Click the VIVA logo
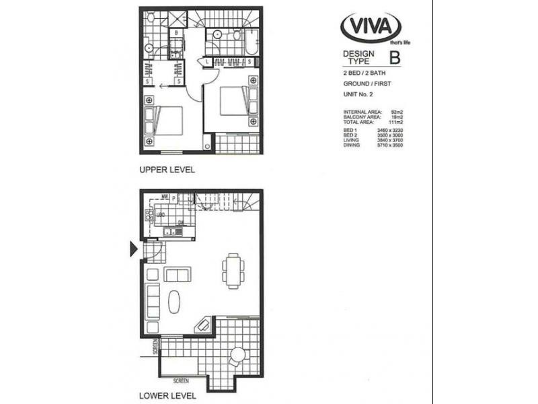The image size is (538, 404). coord(371,28)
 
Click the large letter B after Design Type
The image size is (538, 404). coord(395,57)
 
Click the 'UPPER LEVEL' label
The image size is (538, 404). coord(167,170)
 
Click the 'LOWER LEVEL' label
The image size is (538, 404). coord(167,395)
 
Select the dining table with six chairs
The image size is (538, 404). coord(232,270)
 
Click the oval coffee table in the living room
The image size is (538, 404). coord(174,301)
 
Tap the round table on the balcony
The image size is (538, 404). coord(238,355)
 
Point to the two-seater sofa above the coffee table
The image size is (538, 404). coord(178,274)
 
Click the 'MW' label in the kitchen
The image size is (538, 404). coord(163,197)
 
